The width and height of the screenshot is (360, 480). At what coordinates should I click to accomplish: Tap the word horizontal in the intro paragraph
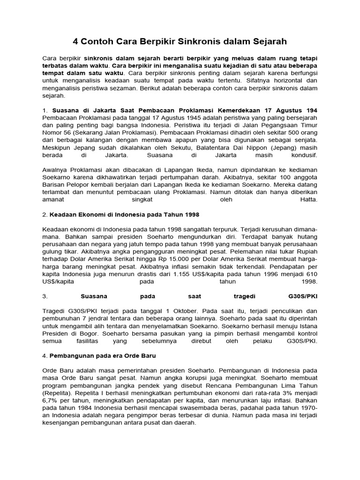pyautogui.click(x=267, y=81)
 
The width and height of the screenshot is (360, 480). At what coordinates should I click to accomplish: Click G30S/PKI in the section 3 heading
pyautogui.click(x=303, y=296)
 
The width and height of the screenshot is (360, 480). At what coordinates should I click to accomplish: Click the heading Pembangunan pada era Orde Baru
pyautogui.click(x=103, y=356)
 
